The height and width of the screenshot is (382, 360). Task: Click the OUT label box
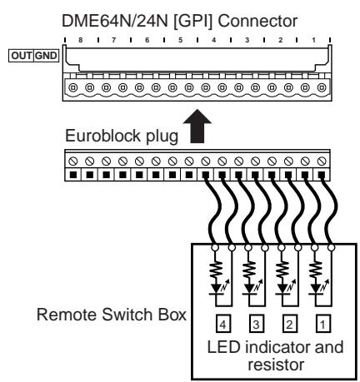point(21,56)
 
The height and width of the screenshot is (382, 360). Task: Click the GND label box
point(47,56)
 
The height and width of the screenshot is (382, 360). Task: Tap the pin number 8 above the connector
point(81,40)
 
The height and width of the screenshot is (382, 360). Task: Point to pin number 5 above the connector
point(181,40)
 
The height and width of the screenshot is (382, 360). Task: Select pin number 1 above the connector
point(313,40)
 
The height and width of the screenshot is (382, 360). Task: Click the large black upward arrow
point(197,127)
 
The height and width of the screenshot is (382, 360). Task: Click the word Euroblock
point(102,136)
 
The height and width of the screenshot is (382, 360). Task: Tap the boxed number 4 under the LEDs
point(223,324)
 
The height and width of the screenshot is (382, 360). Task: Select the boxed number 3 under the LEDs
point(256,324)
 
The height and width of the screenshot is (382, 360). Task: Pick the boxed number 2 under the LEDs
point(289,324)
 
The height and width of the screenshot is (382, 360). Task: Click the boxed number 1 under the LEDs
point(322,324)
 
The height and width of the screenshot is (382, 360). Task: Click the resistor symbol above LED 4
point(216,270)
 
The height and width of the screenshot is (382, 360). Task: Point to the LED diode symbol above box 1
point(317,288)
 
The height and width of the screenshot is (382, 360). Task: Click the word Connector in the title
point(257,21)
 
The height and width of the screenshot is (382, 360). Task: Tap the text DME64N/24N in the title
point(115,21)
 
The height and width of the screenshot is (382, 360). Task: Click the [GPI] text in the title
point(192,22)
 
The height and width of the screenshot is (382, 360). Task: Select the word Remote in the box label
point(67,315)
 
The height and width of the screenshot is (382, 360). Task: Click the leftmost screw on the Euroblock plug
point(73,161)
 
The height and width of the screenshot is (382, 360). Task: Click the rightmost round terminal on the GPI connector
point(322,88)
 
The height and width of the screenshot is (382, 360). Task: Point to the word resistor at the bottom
point(276,365)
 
